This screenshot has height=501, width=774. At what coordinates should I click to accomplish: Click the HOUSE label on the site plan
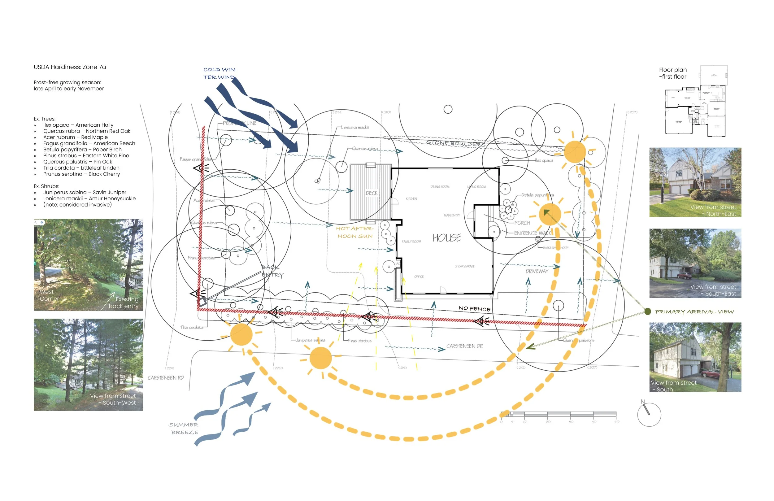[446, 238]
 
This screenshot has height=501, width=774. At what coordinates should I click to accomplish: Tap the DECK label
[372, 193]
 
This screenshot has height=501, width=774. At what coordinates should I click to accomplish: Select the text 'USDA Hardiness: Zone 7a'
[70, 67]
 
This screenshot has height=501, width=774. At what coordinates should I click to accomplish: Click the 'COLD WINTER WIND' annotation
[220, 73]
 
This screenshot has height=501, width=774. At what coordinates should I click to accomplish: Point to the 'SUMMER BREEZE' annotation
[184, 429]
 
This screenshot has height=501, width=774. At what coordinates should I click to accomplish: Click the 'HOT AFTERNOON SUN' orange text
[355, 232]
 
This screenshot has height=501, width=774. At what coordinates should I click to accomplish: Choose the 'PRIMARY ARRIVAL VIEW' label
[694, 312]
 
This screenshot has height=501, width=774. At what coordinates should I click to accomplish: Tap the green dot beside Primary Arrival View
[647, 312]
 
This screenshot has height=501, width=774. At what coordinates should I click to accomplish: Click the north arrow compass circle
[649, 415]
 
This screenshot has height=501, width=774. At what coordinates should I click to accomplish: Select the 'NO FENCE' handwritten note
[475, 308]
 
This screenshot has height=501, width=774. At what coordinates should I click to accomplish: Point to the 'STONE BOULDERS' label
[456, 143]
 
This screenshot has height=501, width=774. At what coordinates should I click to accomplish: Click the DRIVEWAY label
[537, 271]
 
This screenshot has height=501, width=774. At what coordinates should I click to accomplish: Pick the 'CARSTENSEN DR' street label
[464, 346]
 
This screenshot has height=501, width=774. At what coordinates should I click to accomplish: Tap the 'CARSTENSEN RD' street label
[166, 378]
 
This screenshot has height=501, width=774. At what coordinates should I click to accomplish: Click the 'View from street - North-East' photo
[695, 182]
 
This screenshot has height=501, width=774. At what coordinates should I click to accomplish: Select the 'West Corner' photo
[88, 265]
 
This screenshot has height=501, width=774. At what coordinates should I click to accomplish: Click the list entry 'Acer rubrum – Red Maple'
[76, 137]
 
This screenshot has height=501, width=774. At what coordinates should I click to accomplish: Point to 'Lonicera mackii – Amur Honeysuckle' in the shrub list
[89, 198]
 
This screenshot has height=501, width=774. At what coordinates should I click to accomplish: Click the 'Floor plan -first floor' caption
[672, 73]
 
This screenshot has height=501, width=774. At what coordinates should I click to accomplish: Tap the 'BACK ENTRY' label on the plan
[272, 271]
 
